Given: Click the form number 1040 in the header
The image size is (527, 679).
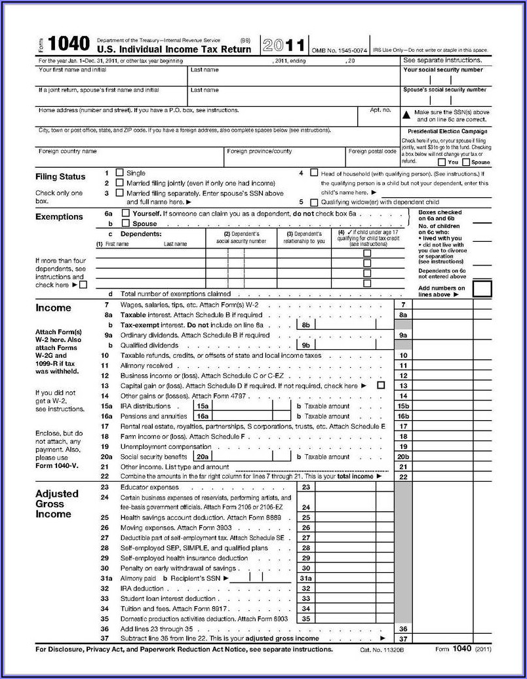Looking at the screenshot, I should [x=68, y=44].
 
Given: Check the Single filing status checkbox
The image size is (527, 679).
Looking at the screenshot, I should [x=119, y=172].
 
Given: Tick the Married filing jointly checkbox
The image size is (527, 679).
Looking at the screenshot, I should [x=119, y=183].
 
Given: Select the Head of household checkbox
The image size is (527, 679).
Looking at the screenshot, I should [x=314, y=172].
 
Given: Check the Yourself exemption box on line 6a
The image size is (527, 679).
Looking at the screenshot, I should [x=126, y=214].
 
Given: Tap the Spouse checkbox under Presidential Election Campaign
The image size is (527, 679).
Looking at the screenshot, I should [x=466, y=162].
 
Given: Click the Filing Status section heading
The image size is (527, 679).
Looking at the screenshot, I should [x=60, y=176].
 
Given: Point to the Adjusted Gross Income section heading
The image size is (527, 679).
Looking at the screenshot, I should [x=56, y=503].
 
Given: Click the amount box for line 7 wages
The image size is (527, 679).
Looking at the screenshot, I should [x=442, y=305].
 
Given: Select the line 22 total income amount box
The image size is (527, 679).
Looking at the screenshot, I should [x=442, y=476].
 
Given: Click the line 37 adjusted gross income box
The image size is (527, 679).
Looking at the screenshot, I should [x=442, y=638].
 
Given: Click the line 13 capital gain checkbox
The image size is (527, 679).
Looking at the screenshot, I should [x=381, y=385].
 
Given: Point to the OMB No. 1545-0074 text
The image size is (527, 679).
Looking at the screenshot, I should [x=340, y=50].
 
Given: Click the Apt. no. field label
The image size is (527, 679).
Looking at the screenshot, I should [x=380, y=110].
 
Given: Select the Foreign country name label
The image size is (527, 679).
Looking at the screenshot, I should [x=68, y=151].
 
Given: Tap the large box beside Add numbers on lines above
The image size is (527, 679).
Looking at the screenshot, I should [x=482, y=288].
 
